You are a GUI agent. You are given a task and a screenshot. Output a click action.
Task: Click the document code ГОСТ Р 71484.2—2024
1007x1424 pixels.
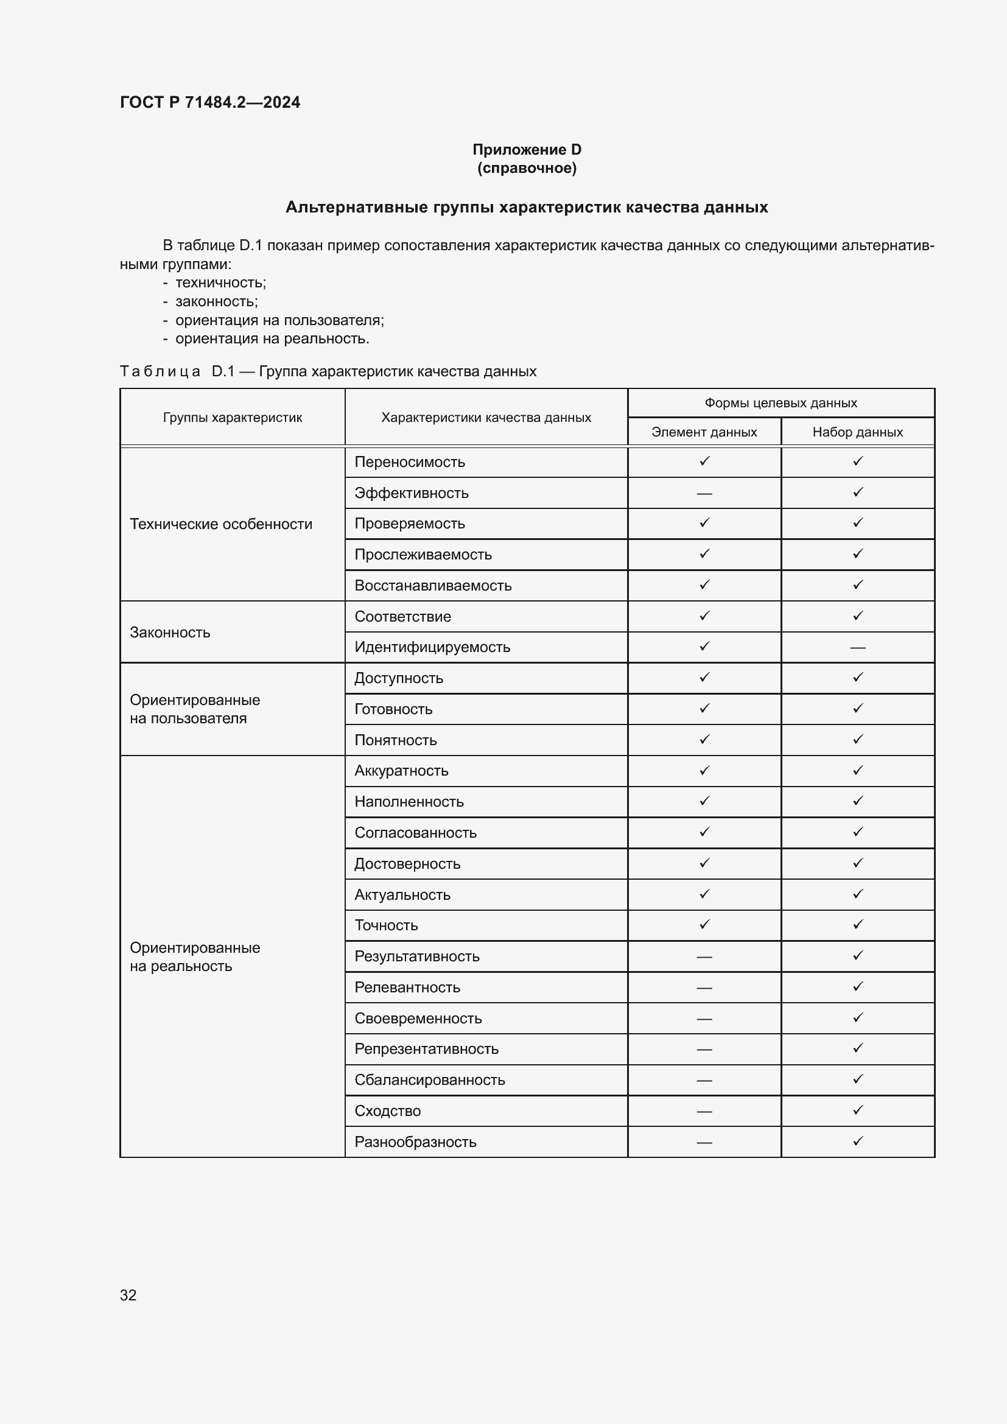coord(209,102)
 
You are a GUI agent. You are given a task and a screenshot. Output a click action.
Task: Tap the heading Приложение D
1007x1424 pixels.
coord(527,150)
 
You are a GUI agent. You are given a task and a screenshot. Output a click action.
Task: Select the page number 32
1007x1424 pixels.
coord(128,1295)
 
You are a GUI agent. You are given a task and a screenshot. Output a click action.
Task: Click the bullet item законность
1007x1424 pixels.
coord(216,301)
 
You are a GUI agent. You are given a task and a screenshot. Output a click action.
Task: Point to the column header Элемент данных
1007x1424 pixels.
coord(704,432)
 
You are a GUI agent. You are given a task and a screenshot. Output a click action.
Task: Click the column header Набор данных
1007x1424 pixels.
coord(857,432)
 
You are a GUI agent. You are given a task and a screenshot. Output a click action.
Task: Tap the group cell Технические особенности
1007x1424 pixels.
coord(221,524)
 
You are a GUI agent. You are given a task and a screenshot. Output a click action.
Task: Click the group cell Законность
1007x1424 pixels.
coord(170,633)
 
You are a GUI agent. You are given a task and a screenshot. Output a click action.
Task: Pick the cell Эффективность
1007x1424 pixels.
coord(411,493)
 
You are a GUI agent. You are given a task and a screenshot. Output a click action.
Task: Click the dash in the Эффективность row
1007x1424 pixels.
coord(704,494)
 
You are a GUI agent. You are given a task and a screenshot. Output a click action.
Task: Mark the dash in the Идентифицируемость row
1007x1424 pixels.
coord(857,648)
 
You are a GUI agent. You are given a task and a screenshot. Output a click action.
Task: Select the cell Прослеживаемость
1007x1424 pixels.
coord(423,555)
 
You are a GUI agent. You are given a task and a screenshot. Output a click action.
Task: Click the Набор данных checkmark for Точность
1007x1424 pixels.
coord(858,925)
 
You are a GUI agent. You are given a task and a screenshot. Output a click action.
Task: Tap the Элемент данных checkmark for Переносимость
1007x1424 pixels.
coord(704,461)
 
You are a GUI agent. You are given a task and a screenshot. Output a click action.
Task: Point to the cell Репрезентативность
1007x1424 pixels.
coord(426,1049)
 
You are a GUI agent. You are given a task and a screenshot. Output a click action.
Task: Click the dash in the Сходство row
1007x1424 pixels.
coord(704,1112)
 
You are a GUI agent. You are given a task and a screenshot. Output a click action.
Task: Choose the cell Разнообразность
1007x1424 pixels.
coord(415,1142)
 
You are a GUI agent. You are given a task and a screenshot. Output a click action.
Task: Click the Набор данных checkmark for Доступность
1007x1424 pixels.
coord(858,677)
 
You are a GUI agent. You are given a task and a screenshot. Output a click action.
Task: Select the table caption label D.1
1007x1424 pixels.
coord(223,371)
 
